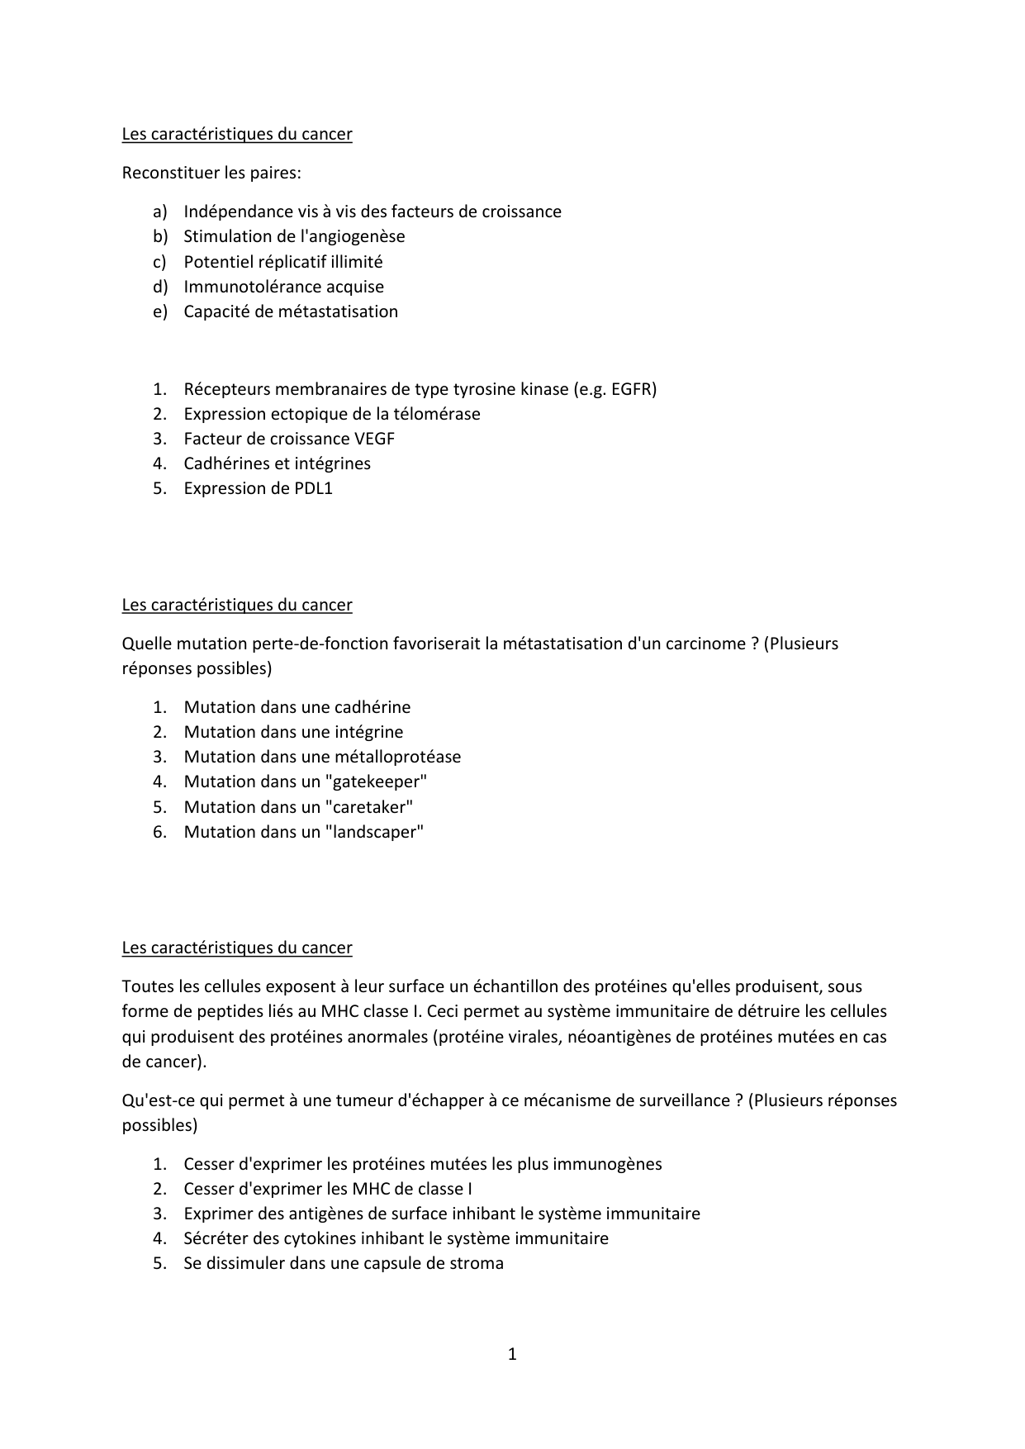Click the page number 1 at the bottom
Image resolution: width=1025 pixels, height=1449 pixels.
tap(512, 1354)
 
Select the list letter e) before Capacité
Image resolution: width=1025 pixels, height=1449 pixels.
tap(159, 311)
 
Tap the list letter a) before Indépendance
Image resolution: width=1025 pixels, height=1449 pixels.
tap(159, 211)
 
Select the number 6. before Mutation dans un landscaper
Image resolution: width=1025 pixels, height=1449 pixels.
tap(159, 832)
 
